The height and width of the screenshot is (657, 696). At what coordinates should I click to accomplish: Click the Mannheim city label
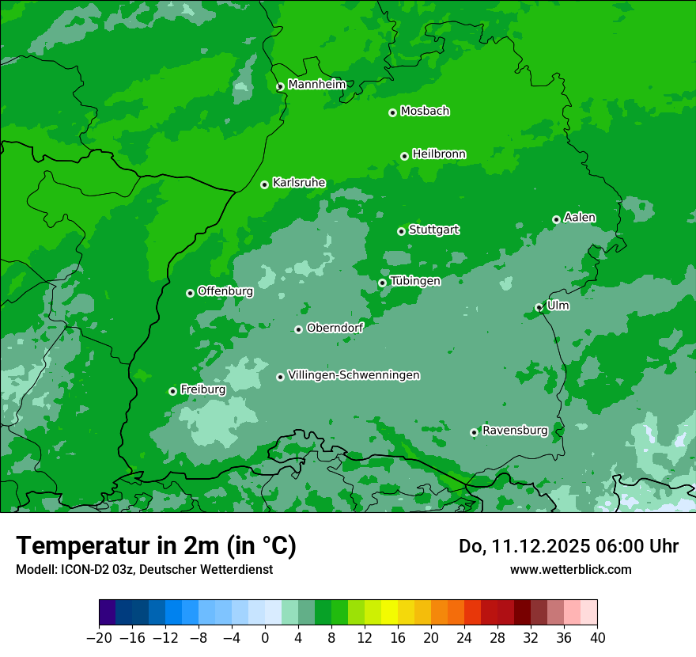[317, 85]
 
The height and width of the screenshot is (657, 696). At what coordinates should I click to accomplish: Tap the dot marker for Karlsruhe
[264, 184]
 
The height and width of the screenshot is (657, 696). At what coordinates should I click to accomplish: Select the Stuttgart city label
[433, 230]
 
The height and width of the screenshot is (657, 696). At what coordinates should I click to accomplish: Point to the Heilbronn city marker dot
[404, 156]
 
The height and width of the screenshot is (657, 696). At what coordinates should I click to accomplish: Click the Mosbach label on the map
[425, 111]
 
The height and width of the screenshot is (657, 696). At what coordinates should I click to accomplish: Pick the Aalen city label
[580, 218]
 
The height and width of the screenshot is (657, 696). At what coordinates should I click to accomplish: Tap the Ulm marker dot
[539, 307]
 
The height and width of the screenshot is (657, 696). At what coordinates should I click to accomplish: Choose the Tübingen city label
[415, 281]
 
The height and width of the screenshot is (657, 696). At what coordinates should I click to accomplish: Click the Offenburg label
[225, 291]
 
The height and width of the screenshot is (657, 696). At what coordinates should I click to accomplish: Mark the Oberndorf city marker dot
[298, 329]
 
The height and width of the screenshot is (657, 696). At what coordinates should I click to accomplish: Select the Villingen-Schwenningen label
[354, 375]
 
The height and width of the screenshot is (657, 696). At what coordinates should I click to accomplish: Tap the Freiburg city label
[202, 389]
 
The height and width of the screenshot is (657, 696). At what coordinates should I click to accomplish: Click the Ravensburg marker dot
[474, 432]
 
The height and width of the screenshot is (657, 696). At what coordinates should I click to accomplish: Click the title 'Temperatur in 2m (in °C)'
[156, 546]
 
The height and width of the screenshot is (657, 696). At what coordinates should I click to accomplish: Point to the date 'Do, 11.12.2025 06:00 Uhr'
[568, 546]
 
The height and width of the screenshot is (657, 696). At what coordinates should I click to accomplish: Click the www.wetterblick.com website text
[570, 570]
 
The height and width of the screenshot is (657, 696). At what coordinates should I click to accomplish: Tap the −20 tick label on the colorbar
[99, 638]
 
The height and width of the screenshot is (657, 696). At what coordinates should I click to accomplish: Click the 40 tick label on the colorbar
[597, 638]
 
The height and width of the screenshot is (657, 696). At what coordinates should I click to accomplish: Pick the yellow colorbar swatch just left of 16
[389, 613]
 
